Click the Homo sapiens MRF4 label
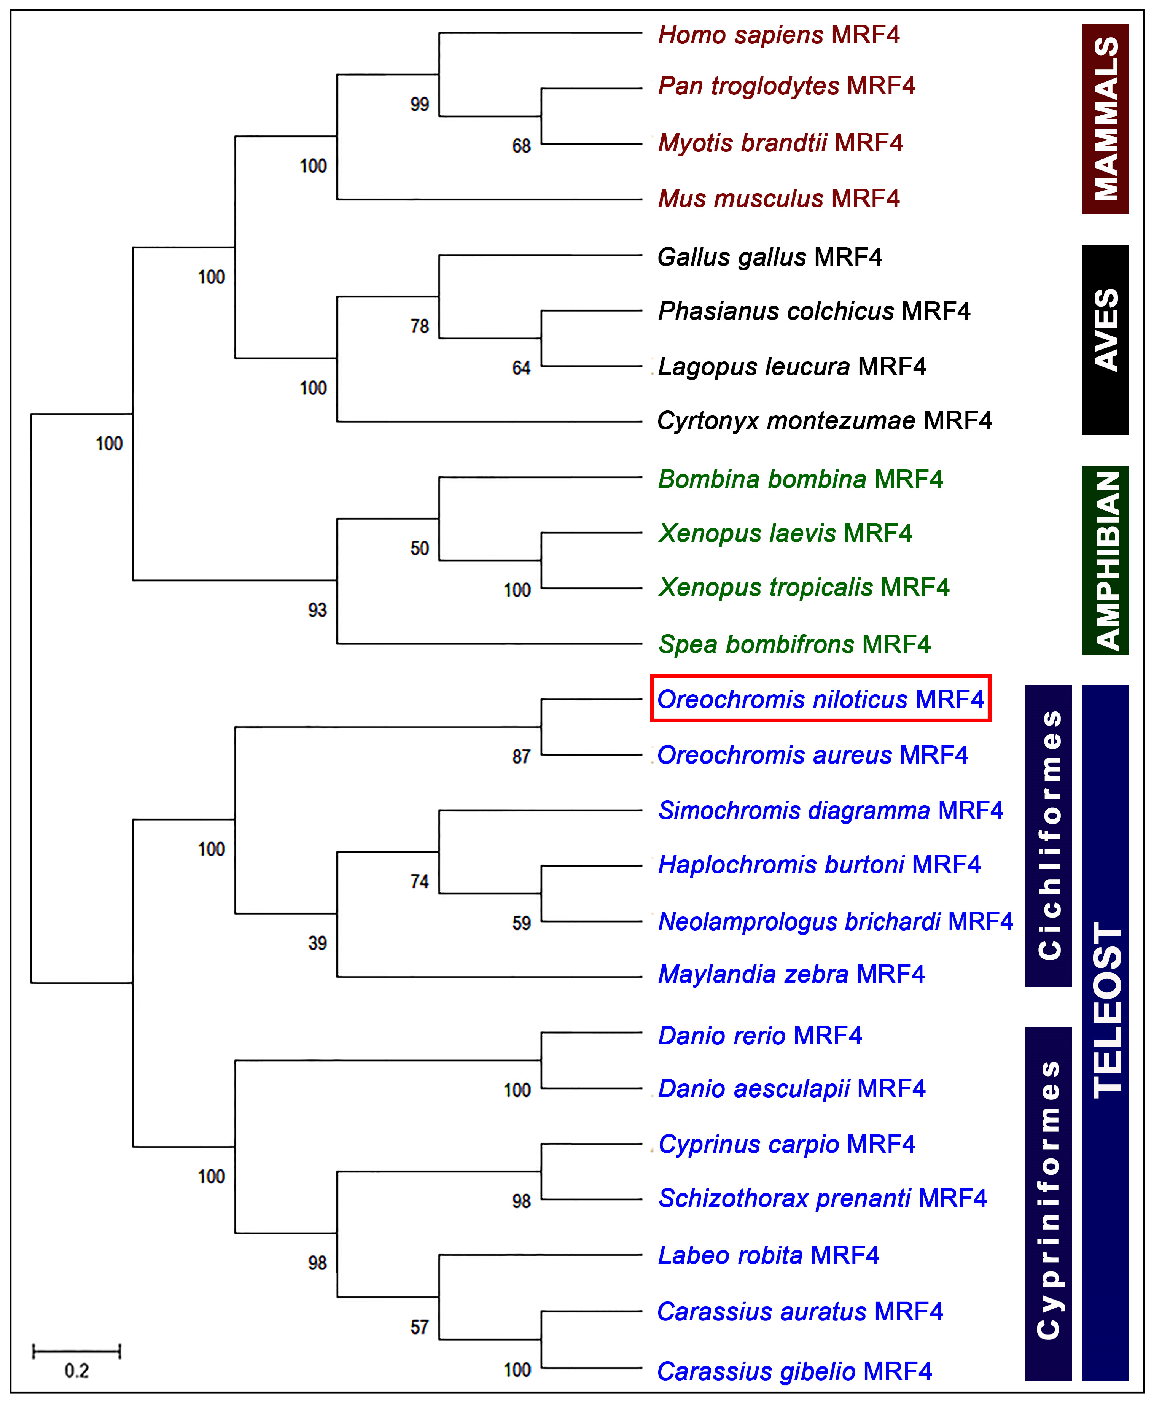pos(778,35)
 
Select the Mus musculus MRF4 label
pos(778,198)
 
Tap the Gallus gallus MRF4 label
pos(769,256)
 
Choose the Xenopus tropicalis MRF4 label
pos(803,587)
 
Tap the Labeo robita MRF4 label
pos(768,1255)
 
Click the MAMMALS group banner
pos(1105,119)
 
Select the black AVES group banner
pos(1105,340)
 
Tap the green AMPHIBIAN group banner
pos(1105,560)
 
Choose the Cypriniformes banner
pos(1048,1203)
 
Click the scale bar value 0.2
pos(76,1370)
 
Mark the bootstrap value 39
pos(317,943)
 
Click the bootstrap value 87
pos(521,756)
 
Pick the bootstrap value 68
pos(521,146)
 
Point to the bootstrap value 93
pos(317,609)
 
